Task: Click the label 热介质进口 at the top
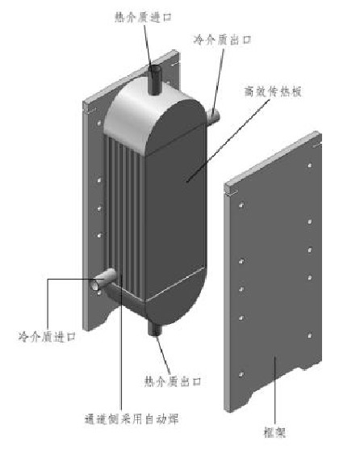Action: pos(143,17)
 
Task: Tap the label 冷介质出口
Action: pos(223,40)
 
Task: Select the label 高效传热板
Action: pos(273,91)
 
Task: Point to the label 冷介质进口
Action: pos(48,336)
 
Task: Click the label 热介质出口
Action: pos(173,381)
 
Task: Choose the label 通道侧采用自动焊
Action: pos(132,419)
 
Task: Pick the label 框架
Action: pos(274,432)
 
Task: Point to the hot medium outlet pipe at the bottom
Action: pos(155,328)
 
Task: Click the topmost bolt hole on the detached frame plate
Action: pos(310,166)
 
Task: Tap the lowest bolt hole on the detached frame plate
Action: pos(241,374)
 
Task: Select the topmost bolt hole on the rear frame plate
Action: pos(99,123)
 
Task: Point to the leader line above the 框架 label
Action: pos(275,389)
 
